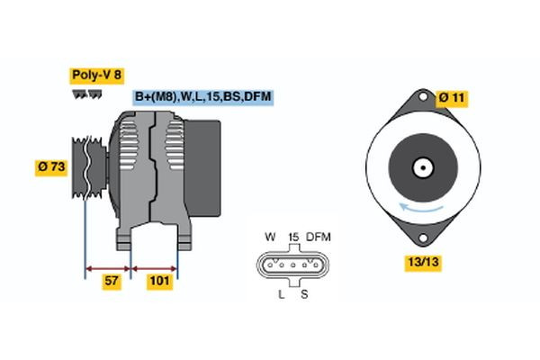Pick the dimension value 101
point(159,282)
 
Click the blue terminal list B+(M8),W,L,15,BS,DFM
point(202,96)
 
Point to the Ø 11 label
point(453,96)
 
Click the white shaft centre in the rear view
point(420,167)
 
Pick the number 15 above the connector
point(292,237)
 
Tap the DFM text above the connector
point(319,237)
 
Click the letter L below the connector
point(281,293)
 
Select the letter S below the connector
point(304,293)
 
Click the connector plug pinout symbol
point(292,265)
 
